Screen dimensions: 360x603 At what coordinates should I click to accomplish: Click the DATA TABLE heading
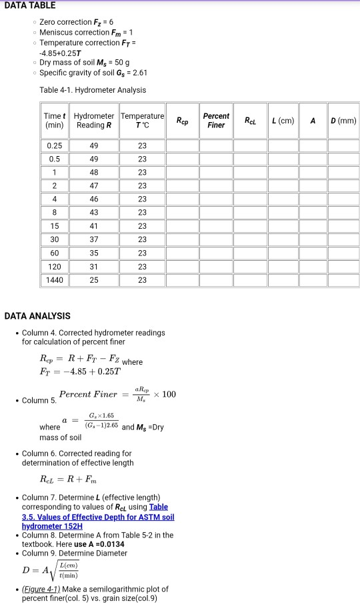tap(28, 5)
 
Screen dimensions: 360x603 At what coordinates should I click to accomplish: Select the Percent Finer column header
tap(216, 120)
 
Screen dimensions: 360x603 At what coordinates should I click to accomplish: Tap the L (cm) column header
tap(283, 120)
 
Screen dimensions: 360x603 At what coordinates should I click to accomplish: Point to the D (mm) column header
tap(343, 120)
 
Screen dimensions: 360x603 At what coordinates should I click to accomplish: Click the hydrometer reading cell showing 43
tap(93, 213)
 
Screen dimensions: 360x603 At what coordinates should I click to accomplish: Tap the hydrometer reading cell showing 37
tap(93, 239)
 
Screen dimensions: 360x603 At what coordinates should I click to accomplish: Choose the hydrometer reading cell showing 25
tap(93, 280)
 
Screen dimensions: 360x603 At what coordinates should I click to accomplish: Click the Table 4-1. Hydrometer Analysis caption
tap(93, 90)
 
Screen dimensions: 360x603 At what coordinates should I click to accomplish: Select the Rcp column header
tap(182, 121)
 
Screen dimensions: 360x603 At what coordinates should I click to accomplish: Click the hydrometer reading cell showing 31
tap(93, 267)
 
